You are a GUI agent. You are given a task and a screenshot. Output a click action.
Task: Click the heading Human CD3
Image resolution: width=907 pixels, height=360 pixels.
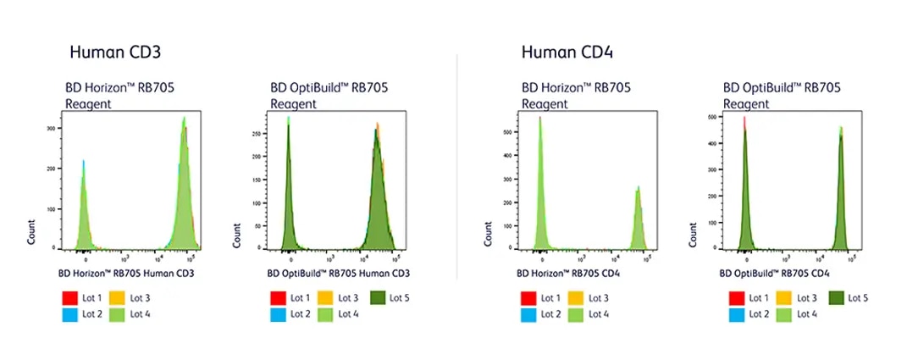click(115, 53)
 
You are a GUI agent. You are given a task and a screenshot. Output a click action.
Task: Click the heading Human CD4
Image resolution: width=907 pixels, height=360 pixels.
click(567, 53)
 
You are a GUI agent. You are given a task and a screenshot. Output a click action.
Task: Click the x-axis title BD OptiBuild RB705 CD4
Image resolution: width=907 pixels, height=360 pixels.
click(774, 274)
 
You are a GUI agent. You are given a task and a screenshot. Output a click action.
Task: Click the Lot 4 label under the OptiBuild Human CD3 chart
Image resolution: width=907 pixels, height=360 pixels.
click(348, 314)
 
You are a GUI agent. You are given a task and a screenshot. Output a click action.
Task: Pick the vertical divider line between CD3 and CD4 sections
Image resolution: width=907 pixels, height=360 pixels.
click(457, 169)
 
